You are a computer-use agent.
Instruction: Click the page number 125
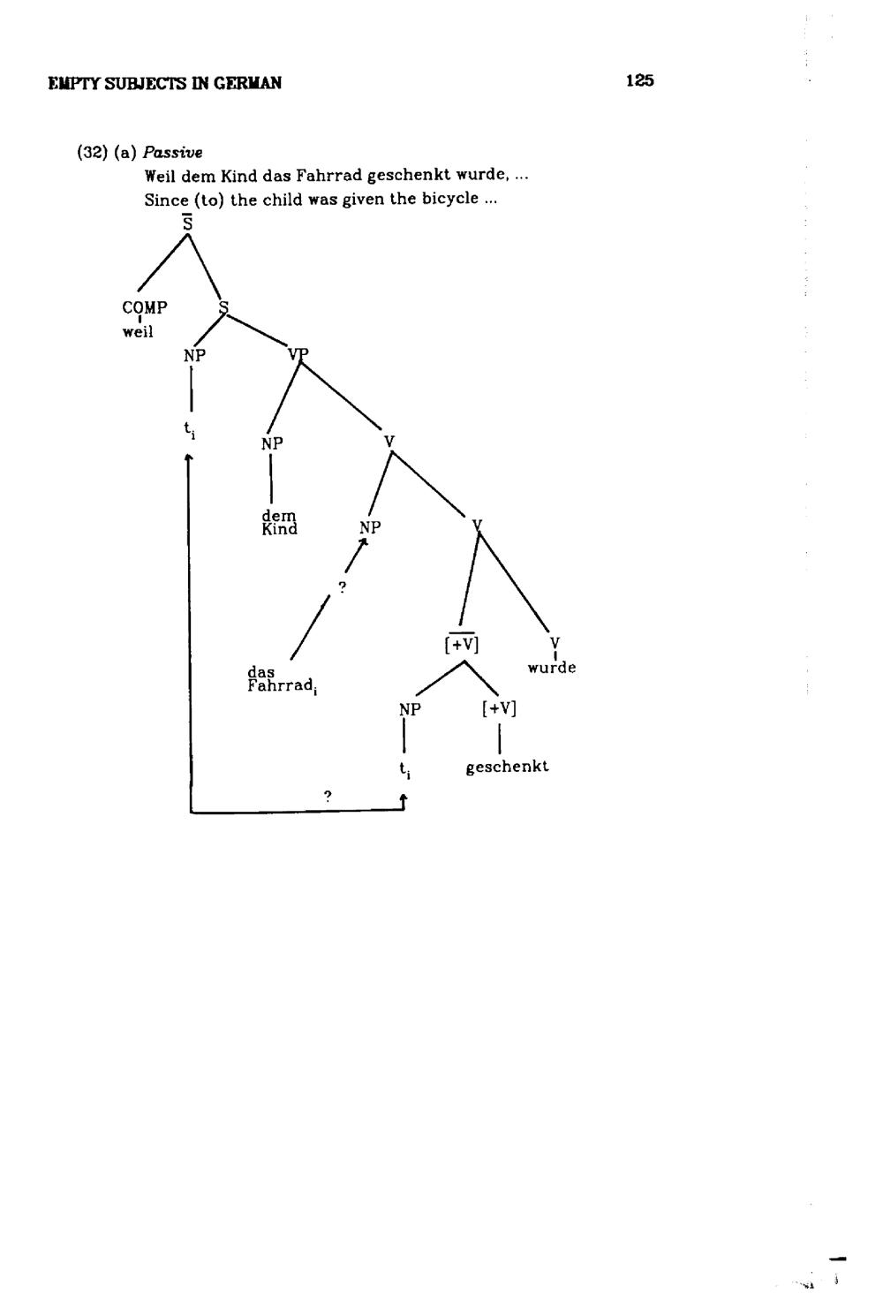(640, 80)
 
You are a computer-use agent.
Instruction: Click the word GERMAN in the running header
(247, 83)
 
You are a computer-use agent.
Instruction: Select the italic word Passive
(172, 153)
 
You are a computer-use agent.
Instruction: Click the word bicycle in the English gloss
(450, 199)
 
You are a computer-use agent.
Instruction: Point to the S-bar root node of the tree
(187, 223)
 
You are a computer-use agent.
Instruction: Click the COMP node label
(145, 307)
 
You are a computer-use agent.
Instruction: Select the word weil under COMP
(138, 331)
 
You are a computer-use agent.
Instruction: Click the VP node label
(298, 353)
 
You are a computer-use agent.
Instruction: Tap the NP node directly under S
(194, 355)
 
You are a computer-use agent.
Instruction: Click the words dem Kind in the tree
(279, 522)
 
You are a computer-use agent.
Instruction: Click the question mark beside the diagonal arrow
(343, 587)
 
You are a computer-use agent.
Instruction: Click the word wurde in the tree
(552, 668)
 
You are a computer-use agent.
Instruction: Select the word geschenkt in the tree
(507, 767)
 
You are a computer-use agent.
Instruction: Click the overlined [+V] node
(462, 644)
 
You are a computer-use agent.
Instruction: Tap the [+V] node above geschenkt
(499, 708)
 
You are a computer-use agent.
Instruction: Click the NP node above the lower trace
(410, 709)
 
